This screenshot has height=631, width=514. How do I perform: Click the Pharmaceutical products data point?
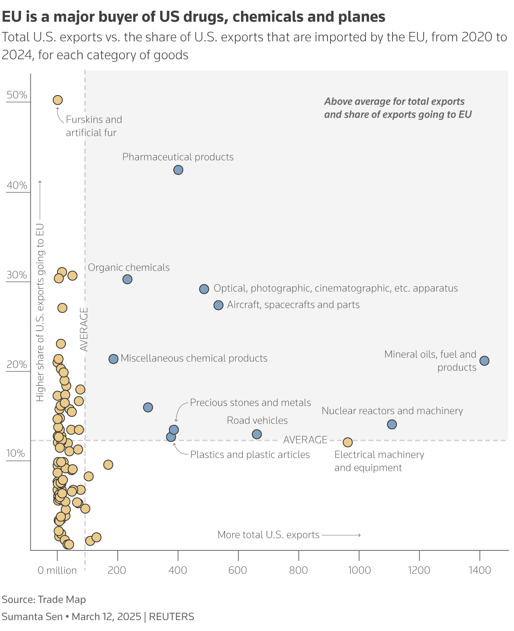[178, 170]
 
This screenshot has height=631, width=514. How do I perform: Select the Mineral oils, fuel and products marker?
[484, 361]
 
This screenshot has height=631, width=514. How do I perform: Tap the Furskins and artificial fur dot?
[58, 100]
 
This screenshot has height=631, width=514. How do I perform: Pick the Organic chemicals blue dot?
[127, 279]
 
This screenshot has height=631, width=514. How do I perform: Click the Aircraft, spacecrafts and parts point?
[218, 305]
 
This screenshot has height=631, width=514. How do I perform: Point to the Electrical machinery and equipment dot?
[347, 442]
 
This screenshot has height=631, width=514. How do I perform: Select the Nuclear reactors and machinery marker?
[392, 424]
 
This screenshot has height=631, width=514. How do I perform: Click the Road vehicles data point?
[257, 434]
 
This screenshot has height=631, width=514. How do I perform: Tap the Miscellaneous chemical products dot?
[113, 359]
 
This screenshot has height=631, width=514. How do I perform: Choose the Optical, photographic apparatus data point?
[204, 289]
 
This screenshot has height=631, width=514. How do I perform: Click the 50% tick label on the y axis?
[17, 95]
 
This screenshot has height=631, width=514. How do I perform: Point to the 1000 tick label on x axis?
[359, 570]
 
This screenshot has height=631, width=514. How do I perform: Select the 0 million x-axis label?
[57, 570]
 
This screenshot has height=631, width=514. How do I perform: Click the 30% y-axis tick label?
[17, 275]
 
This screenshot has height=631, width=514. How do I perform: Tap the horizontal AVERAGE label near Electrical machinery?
[305, 440]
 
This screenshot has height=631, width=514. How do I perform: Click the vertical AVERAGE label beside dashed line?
[84, 329]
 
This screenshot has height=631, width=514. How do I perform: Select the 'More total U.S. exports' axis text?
[268, 535]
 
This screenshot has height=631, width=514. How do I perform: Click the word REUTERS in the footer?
[171, 617]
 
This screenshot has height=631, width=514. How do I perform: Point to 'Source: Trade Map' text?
[44, 599]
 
